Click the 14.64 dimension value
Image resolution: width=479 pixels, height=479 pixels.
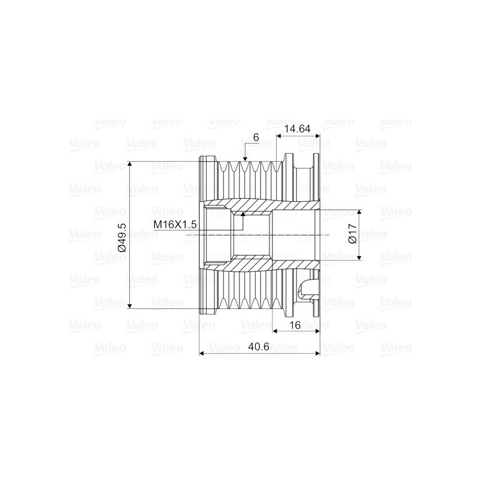297,129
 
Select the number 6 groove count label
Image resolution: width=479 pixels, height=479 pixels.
256,138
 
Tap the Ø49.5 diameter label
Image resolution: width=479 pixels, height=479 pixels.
122,237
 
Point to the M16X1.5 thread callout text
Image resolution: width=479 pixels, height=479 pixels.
175,225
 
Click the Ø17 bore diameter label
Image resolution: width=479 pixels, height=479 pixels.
352,234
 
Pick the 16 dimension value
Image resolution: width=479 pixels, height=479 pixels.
295,325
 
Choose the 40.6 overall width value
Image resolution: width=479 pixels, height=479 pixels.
259,347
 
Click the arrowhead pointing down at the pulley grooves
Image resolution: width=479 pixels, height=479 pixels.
245,159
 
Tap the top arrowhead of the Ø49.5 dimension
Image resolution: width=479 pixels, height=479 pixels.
129,163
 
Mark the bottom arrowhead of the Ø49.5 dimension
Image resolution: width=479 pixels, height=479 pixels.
129,305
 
